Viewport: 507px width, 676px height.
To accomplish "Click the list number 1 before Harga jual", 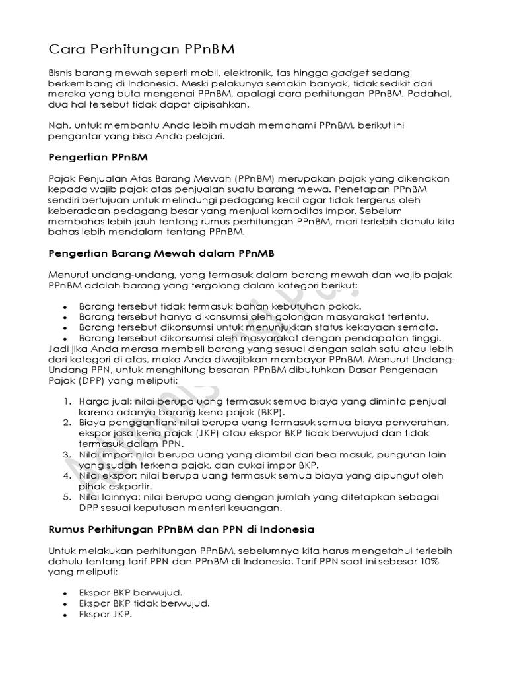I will (68, 401).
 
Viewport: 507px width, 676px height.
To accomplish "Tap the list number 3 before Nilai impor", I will (68, 455).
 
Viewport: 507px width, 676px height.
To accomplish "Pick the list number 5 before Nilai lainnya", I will (68, 496).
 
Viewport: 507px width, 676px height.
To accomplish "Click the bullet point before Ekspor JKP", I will (64, 615).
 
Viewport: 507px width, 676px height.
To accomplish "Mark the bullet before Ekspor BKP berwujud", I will (64, 592).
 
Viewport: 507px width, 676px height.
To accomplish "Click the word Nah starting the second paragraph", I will (58, 125).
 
